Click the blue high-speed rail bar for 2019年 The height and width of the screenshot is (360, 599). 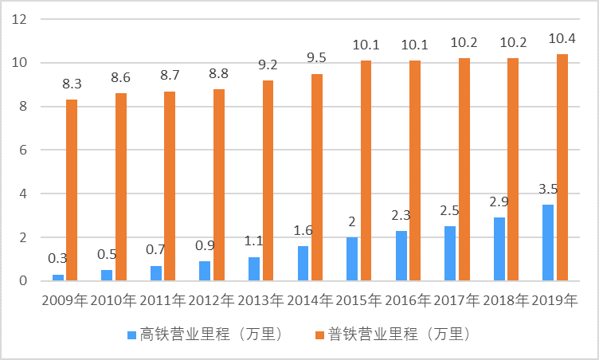click(x=548, y=243)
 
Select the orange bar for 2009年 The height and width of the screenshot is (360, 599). click(x=72, y=190)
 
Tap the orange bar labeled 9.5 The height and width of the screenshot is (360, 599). click(x=317, y=177)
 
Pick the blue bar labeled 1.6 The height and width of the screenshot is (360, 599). click(x=303, y=263)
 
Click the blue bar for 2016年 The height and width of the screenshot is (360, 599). click(x=401, y=256)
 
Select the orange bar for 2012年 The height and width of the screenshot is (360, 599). click(x=219, y=185)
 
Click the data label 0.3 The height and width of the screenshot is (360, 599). click(x=57, y=259)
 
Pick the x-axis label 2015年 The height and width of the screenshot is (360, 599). click(x=358, y=301)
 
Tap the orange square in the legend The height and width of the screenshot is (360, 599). click(x=324, y=334)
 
